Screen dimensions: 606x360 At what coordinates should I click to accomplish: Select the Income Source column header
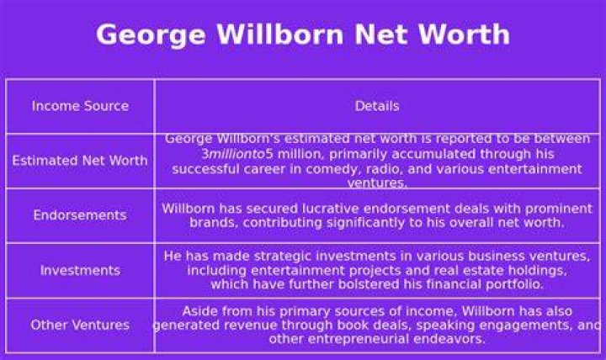click(x=81, y=106)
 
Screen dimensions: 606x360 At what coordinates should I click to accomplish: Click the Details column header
click(x=377, y=106)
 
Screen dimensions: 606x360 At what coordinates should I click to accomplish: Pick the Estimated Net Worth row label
click(x=80, y=161)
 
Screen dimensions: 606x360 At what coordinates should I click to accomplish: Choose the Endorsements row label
click(x=80, y=214)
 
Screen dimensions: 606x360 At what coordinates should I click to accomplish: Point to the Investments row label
click(x=81, y=270)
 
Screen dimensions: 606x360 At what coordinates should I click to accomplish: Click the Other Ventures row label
click(x=80, y=325)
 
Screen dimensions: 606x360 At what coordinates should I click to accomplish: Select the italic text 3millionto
click(x=233, y=154)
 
